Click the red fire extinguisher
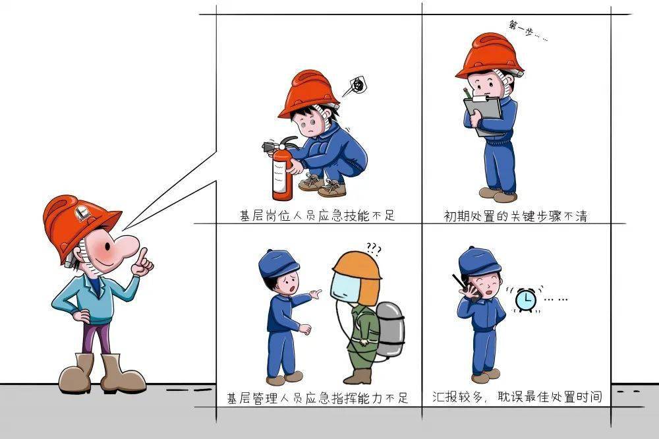click(281, 173)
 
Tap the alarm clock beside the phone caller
click(525, 301)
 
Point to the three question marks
click(374, 249)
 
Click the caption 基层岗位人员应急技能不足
click(317, 216)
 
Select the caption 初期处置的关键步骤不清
click(515, 216)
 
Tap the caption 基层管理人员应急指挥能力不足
click(317, 398)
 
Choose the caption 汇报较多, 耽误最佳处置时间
click(517, 397)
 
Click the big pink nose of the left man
click(125, 247)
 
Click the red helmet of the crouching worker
click(308, 92)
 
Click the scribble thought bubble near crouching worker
click(357, 84)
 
